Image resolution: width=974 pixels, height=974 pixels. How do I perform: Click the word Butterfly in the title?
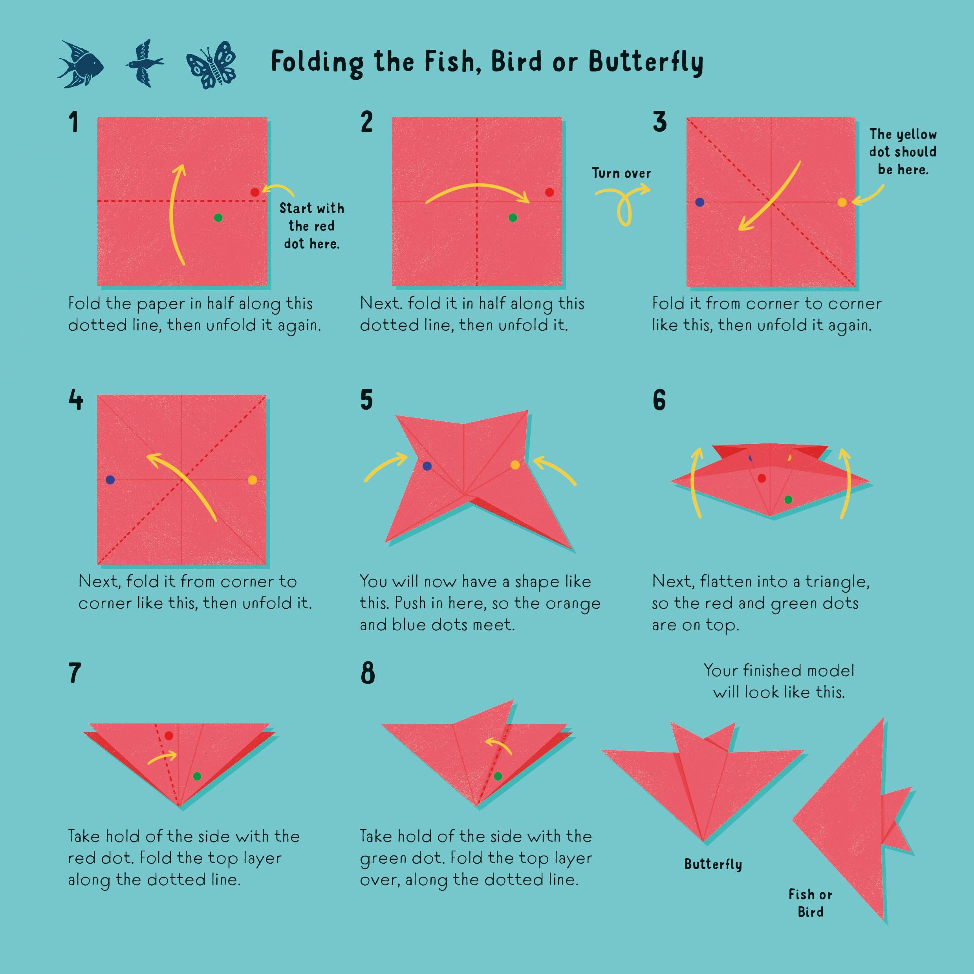pos(646,62)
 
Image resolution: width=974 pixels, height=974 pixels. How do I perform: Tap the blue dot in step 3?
pos(700,202)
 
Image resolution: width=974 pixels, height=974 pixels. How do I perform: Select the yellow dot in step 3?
pos(842,203)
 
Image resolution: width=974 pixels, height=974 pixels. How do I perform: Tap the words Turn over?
pos(622,174)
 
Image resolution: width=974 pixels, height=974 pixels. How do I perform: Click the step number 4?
pos(76,401)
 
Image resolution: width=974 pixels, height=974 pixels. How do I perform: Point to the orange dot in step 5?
pos(515,465)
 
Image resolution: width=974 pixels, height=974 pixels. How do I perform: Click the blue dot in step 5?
pos(427,466)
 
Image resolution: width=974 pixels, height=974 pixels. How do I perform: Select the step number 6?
pos(659,401)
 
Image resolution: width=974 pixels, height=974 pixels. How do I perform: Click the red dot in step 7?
pos(168,736)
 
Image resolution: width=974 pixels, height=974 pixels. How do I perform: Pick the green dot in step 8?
pos(498,776)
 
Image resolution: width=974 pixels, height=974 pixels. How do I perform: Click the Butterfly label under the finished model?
pos(713,864)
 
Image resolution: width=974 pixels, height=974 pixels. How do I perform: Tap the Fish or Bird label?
pos(810,903)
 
